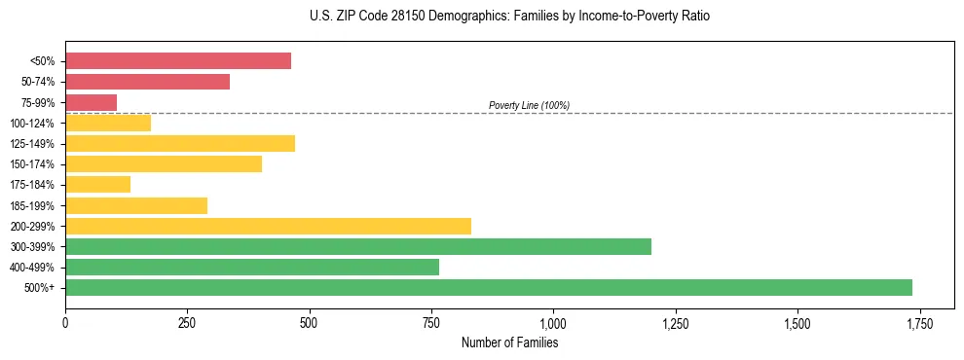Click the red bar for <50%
tap(178, 61)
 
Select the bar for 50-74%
tap(147, 82)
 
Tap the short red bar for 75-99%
tap(91, 102)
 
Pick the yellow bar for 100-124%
tap(108, 123)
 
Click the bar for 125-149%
tap(180, 144)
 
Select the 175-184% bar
tap(97, 185)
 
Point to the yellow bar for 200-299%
tap(268, 226)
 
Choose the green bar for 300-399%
tap(358, 246)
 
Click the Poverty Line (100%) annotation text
tap(529, 105)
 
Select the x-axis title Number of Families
tap(509, 342)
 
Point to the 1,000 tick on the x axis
tap(553, 323)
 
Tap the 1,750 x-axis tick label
tap(919, 323)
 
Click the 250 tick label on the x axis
tap(187, 323)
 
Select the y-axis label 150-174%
tap(32, 164)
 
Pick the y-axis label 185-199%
tap(32, 205)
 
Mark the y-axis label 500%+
tap(39, 288)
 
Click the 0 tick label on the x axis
tap(65, 323)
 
